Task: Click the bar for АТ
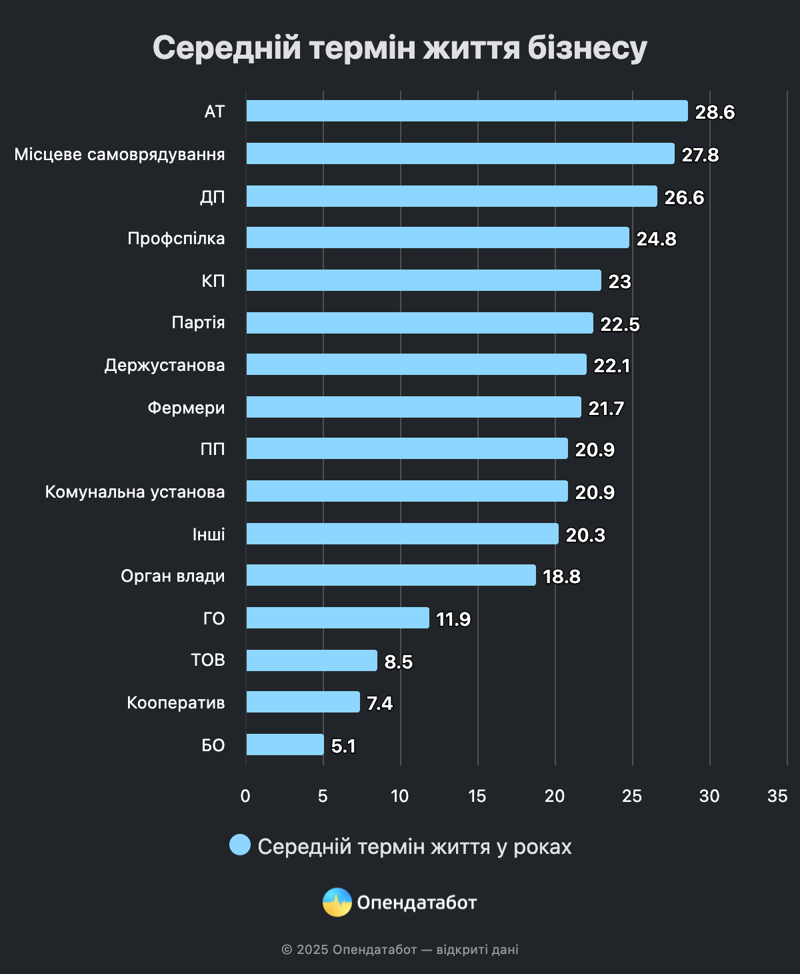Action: coord(467,111)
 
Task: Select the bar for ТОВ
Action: coord(311,660)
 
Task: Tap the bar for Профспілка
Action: coord(437,237)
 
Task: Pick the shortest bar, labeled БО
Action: coord(285,745)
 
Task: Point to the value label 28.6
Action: coord(715,112)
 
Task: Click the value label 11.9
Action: coord(453,619)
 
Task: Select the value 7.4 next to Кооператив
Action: coord(379,703)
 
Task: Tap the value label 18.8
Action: coord(561,576)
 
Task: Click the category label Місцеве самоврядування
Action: coord(119,154)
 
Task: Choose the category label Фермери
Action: coord(186,408)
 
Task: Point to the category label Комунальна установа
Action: coord(135,492)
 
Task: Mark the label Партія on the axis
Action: coord(198,323)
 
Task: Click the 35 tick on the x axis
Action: coord(777,796)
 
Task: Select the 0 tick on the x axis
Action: coord(245,796)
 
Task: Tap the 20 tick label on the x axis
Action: coord(555,796)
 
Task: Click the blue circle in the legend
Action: coord(240,845)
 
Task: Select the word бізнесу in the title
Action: coord(587,48)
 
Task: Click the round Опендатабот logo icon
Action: coord(337,903)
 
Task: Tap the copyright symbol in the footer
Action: coord(287,949)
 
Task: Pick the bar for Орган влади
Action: coord(391,575)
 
